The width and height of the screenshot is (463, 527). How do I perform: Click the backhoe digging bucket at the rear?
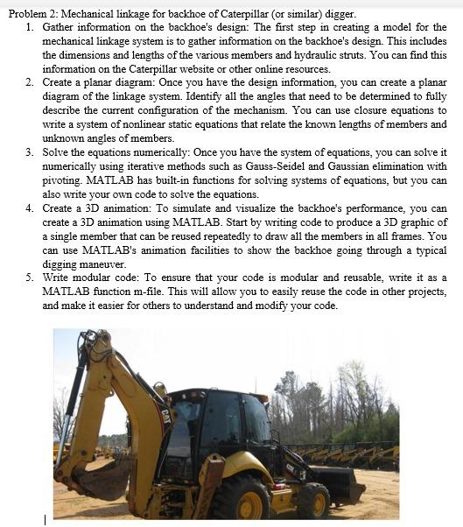(101, 477)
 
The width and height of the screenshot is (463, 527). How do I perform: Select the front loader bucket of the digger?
(337, 483)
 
